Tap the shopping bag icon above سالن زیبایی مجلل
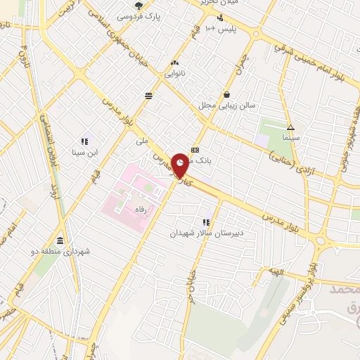click(226, 95)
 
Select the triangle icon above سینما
click(290, 128)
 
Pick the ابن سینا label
click(84, 151)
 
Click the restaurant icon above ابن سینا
click(84, 140)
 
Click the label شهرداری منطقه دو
click(60, 250)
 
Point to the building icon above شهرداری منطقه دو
click(60, 239)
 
